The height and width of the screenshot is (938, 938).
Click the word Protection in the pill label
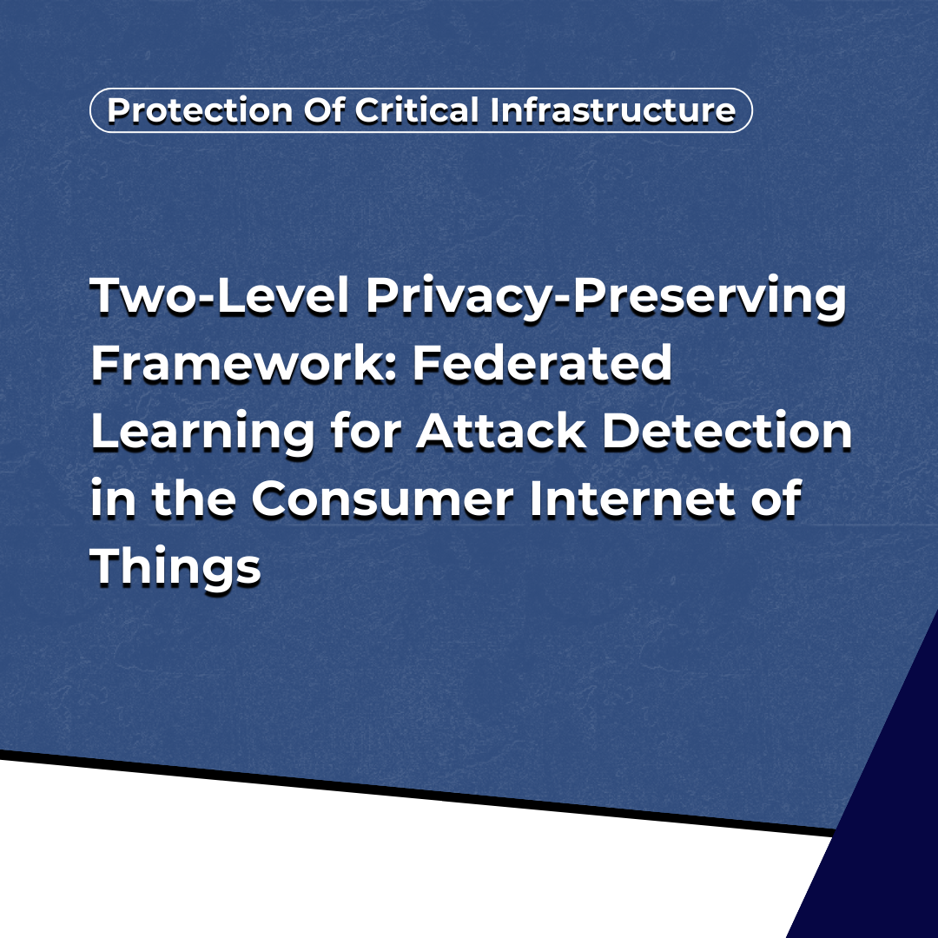click(x=200, y=110)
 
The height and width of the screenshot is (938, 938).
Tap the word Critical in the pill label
click(x=417, y=110)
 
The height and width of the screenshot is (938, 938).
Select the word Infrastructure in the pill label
click(x=612, y=110)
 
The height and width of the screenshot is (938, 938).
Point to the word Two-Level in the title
click(x=220, y=295)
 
